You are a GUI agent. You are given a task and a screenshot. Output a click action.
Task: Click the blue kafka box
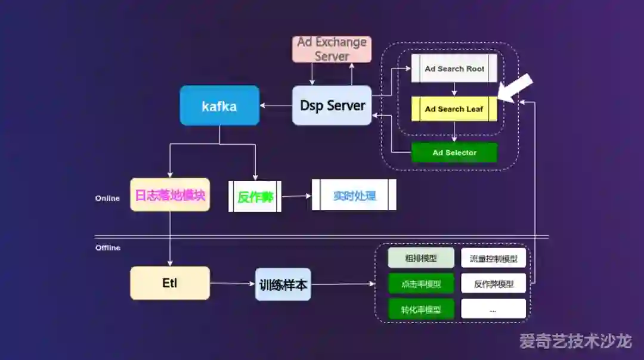point(219,105)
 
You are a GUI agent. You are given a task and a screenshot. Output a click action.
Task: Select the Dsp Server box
point(332,105)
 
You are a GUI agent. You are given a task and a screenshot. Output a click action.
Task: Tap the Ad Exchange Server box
point(332,49)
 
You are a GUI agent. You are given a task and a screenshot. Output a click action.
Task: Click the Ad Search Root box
point(454,69)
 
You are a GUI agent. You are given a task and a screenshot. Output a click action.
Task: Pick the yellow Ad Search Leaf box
point(454,109)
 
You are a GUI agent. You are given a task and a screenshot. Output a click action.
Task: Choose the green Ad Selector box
point(454,153)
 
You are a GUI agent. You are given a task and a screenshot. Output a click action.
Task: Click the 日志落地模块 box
point(170,194)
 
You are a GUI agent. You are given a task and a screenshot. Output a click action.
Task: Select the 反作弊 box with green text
point(255,195)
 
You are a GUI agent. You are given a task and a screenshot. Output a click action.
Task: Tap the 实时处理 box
point(354,195)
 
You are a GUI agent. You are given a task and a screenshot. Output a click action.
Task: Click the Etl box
point(170,283)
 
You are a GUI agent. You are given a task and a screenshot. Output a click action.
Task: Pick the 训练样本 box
point(283,284)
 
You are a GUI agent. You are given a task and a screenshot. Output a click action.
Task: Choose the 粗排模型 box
point(421,258)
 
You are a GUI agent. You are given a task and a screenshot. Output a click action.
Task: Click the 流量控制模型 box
point(494,258)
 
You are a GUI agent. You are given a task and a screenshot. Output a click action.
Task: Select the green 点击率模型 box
point(421,284)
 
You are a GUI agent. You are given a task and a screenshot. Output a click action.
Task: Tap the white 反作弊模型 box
point(494,284)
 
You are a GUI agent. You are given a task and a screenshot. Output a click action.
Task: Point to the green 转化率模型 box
point(421,309)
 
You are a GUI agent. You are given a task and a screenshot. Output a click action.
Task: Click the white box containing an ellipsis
point(494,309)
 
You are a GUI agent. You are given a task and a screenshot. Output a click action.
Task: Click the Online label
point(107,198)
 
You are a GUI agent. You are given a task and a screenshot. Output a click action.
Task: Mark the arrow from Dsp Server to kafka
point(275,106)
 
